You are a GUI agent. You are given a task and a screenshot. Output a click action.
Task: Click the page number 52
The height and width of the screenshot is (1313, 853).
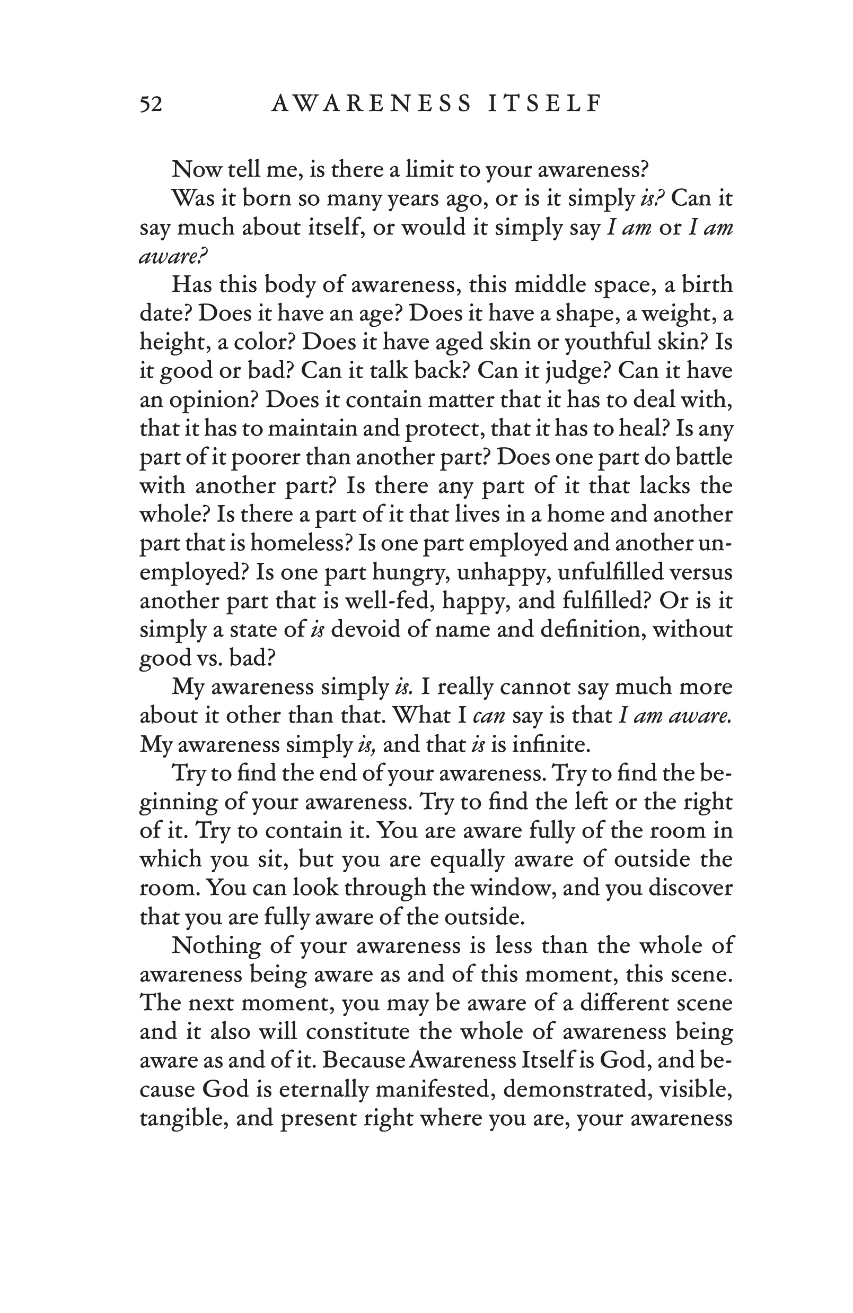click(151, 104)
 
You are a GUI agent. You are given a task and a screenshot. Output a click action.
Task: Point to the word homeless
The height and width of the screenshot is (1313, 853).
click(301, 543)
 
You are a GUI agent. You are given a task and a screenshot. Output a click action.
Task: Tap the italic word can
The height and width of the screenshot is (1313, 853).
click(489, 716)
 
